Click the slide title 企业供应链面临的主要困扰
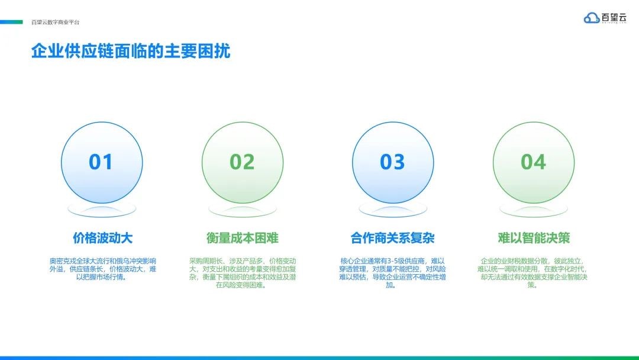(131, 52)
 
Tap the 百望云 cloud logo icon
(591, 18)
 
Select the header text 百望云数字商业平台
(56, 22)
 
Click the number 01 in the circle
(101, 162)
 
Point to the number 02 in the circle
(242, 162)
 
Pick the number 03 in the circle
(392, 162)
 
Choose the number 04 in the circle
(534, 162)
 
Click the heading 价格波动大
(103, 237)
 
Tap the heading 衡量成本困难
(243, 237)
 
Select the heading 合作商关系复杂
(392, 237)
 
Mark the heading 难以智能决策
(534, 237)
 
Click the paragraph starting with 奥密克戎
(103, 269)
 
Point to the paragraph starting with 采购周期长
(243, 273)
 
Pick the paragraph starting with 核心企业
(392, 273)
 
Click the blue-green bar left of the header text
(11, 22)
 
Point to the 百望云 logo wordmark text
(614, 18)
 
